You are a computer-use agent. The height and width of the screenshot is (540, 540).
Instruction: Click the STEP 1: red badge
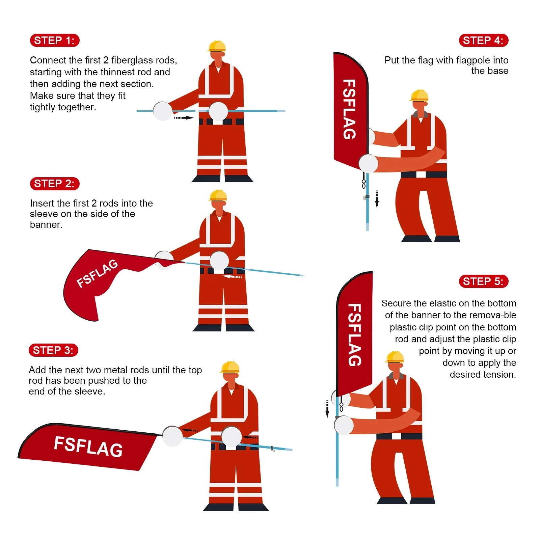pos(54,40)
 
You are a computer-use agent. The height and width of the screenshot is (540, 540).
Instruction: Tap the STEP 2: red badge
pos(54,184)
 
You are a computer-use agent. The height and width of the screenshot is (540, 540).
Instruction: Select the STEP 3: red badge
pos(53,350)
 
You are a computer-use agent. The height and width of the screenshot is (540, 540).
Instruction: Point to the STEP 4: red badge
pos(483,40)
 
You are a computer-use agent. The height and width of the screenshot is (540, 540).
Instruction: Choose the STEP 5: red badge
pos(483,281)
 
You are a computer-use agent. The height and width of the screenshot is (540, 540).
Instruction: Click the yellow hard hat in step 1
pos(217,46)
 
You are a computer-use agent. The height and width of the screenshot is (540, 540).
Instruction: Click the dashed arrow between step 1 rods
pos(184,118)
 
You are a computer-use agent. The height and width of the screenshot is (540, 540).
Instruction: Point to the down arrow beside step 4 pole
pos(377,199)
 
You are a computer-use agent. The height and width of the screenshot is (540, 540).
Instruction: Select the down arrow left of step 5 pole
pos(327,409)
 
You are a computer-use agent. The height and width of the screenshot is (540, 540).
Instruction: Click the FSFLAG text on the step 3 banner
pos(88,446)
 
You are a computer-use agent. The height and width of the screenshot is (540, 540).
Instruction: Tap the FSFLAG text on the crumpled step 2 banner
pos(97,273)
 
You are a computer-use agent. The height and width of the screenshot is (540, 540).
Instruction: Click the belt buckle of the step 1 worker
pos(218,122)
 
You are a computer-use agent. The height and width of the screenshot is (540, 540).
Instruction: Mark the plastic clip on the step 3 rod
pos(272,449)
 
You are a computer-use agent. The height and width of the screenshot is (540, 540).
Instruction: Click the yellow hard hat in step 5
pos(395,357)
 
